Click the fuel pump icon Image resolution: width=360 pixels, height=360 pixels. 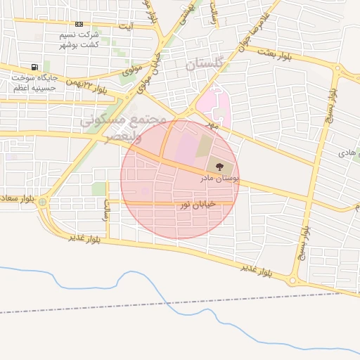click(16, 89)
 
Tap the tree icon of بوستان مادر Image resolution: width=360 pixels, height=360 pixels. click(221, 167)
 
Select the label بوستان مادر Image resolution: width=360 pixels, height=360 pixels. click(219, 179)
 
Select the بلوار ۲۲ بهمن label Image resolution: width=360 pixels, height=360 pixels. click(87, 86)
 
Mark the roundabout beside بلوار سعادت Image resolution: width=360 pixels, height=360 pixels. click(43, 202)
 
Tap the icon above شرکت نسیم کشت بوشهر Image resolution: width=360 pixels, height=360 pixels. click(78, 24)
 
